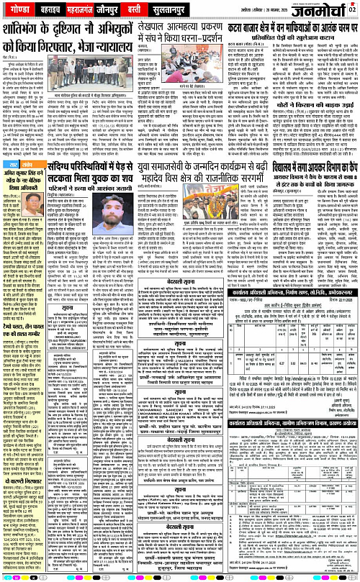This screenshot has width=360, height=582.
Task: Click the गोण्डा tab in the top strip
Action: pyautogui.click(x=20, y=11)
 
